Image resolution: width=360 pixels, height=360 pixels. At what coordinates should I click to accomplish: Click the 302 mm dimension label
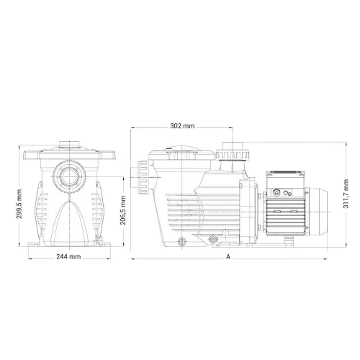point(182,126)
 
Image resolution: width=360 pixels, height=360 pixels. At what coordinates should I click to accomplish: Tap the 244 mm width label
point(68,257)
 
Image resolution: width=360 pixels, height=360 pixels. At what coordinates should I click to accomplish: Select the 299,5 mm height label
point(19,204)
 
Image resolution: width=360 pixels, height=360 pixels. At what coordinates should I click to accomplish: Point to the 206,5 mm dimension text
point(123,210)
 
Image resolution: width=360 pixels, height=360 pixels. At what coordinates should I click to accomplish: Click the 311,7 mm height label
point(346,194)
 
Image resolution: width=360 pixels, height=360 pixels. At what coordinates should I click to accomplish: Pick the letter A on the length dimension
point(228,257)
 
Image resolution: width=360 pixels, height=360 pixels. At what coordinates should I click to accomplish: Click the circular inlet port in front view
point(69,177)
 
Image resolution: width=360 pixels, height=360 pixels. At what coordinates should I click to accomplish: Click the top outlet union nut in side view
point(233,155)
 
